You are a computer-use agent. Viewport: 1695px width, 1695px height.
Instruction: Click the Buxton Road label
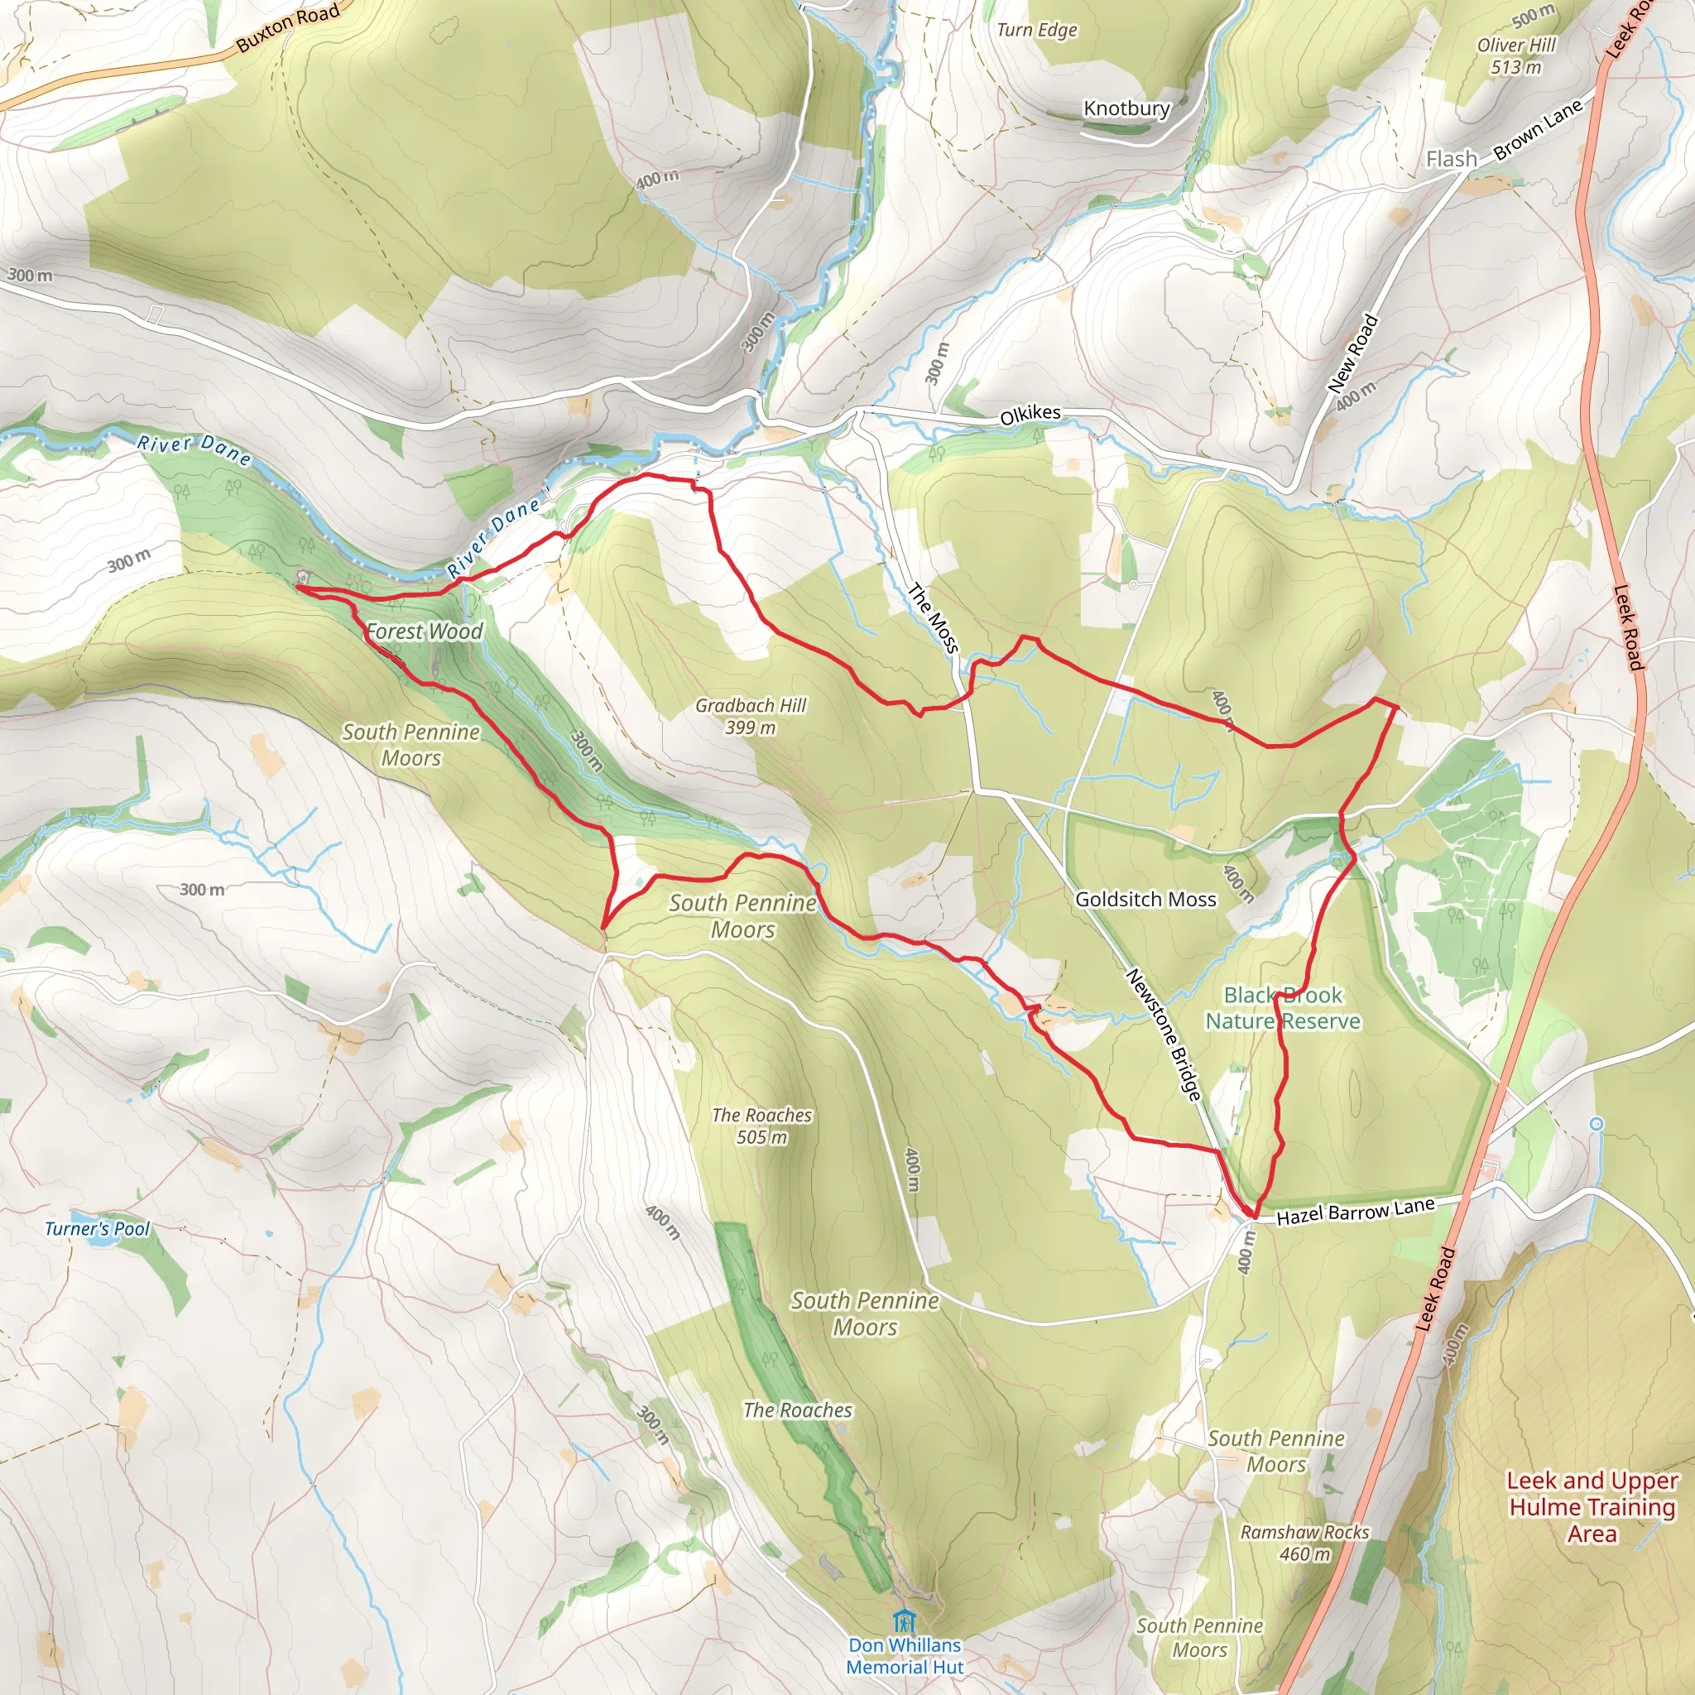click(x=287, y=27)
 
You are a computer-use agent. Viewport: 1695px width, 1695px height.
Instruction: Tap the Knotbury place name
click(x=1126, y=108)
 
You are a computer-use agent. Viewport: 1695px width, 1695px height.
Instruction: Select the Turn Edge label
click(x=1036, y=30)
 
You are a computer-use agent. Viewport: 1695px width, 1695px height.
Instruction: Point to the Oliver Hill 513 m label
click(x=1515, y=55)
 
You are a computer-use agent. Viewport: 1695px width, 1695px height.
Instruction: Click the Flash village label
click(x=1451, y=159)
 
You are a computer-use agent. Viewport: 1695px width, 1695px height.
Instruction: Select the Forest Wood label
click(x=425, y=631)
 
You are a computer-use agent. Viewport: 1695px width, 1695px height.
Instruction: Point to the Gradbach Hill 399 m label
click(x=750, y=716)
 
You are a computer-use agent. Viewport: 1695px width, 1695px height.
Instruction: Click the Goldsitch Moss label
click(x=1145, y=900)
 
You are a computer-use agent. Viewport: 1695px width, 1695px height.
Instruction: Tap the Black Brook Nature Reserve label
click(x=1282, y=1008)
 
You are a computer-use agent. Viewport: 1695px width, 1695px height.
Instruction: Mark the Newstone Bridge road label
click(x=1164, y=1035)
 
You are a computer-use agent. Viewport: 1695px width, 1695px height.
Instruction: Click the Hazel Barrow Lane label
click(x=1355, y=1212)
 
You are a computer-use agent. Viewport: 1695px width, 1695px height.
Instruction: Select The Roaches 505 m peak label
click(x=761, y=1126)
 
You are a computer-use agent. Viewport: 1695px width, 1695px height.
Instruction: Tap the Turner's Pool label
click(x=98, y=1229)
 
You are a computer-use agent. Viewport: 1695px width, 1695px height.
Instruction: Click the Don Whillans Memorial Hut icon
click(x=904, y=1619)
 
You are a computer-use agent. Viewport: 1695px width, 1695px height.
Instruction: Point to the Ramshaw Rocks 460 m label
click(x=1304, y=1543)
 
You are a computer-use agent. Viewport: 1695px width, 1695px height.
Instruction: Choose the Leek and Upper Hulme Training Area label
click(x=1592, y=1506)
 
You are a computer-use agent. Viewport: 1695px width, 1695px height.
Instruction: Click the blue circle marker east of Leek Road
click(x=1596, y=1124)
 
